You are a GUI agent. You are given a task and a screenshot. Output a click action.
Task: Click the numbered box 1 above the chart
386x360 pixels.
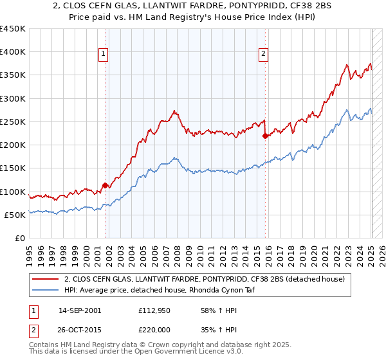[x=104, y=55]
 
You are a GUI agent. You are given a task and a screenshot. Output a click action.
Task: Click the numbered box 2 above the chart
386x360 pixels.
[x=264, y=55]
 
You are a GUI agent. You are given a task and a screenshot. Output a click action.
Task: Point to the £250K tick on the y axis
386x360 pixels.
[x=13, y=122]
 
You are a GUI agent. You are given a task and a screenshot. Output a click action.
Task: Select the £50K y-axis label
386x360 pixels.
[x=15, y=215]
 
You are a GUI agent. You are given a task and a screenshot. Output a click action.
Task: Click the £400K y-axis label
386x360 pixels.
[x=13, y=52]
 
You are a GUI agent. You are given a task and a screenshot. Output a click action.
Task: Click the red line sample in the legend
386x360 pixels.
[x=46, y=279]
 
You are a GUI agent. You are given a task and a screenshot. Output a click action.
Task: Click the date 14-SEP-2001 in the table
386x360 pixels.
[x=80, y=311]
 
